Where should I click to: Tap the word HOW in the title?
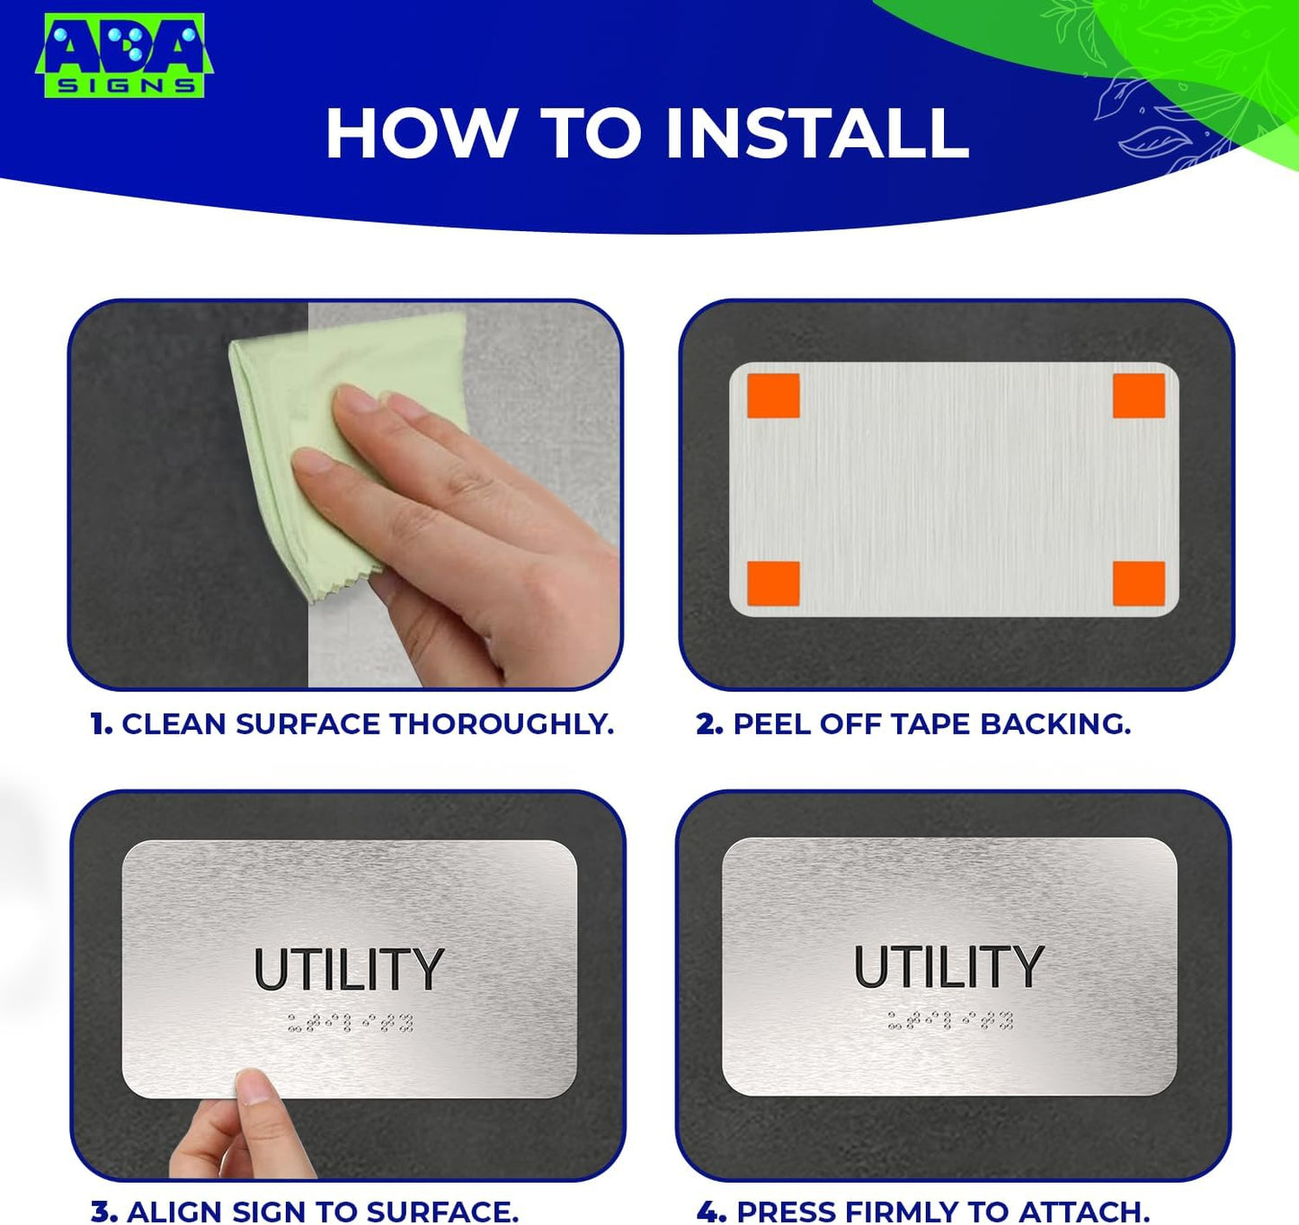418,134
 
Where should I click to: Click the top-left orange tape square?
773,396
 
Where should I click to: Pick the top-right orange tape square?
1139,396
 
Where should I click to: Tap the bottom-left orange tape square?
773,584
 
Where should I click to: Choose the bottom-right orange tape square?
1139,584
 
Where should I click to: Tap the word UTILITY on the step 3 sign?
349,970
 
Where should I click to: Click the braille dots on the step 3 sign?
350,1022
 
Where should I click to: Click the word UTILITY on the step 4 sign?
948,967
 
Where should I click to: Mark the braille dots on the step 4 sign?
950,1020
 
